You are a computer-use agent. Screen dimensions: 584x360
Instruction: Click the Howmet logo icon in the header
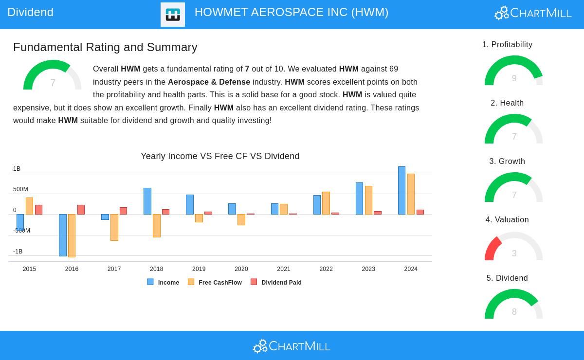pos(173,15)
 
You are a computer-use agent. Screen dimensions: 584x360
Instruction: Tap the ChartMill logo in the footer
pos(292,346)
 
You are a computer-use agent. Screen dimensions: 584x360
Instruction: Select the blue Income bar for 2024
pos(402,190)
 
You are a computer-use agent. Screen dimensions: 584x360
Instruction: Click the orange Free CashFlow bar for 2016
pos(72,235)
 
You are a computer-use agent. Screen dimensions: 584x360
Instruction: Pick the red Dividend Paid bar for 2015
pos(38,210)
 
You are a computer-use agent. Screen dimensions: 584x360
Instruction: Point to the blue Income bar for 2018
pos(147,201)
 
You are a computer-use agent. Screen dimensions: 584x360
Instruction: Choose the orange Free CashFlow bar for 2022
pos(326,203)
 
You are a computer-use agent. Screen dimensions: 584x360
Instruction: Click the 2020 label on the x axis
pos(241,269)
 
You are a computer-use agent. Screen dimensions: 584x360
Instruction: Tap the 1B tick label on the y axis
pos(17,169)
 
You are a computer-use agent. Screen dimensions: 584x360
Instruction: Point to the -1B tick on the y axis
pos(18,252)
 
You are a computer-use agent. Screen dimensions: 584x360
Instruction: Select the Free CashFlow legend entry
pos(215,282)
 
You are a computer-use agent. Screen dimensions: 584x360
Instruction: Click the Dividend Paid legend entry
pos(276,282)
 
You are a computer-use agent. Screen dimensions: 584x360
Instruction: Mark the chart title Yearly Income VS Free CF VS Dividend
pos(220,156)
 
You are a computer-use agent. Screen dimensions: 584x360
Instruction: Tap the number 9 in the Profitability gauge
pos(514,78)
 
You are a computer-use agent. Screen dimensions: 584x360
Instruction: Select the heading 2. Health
pos(507,103)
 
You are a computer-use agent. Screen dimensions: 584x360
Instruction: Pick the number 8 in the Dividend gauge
pos(514,311)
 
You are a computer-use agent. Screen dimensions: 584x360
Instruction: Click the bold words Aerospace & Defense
pos(209,82)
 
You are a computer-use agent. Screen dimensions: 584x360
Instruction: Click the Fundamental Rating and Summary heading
pos(105,47)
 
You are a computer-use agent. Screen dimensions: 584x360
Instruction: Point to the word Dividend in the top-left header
pos(30,12)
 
